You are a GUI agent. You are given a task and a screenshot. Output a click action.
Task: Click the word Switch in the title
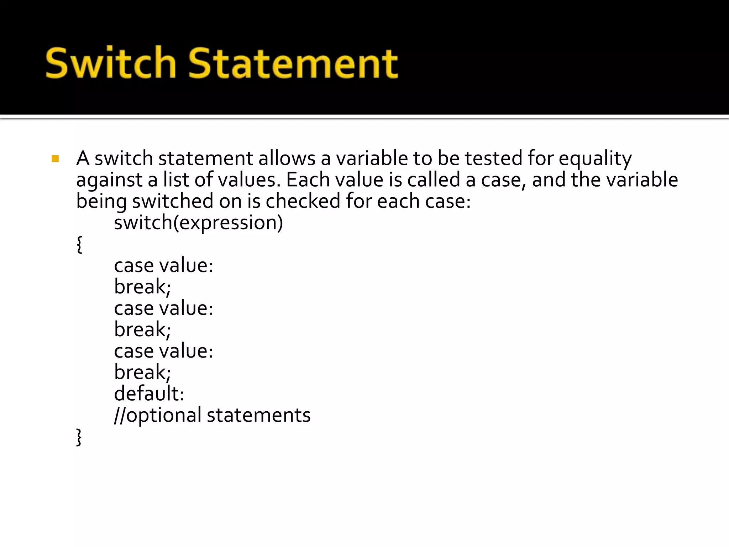(111, 63)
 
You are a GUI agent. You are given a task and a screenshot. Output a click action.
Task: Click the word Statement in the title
(293, 63)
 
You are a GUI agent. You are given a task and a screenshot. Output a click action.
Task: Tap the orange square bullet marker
(55, 158)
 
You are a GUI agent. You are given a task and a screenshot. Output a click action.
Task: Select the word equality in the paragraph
(595, 159)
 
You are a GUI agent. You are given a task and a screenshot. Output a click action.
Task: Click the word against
(109, 180)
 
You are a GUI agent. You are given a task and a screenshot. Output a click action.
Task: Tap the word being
(101, 202)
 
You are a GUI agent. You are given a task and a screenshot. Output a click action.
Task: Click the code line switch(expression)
(198, 223)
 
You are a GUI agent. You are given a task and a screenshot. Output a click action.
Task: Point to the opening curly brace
(79, 244)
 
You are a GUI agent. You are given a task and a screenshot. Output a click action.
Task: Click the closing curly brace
(79, 437)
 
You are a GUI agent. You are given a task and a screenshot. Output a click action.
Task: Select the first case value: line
(163, 266)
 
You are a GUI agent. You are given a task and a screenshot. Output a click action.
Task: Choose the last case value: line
(163, 351)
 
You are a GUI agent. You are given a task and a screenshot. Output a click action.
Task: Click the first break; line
(142, 287)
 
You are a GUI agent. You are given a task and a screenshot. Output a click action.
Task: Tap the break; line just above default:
(142, 373)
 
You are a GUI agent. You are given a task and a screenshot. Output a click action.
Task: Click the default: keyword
(149, 394)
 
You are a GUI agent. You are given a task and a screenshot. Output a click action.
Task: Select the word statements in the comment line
(258, 415)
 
